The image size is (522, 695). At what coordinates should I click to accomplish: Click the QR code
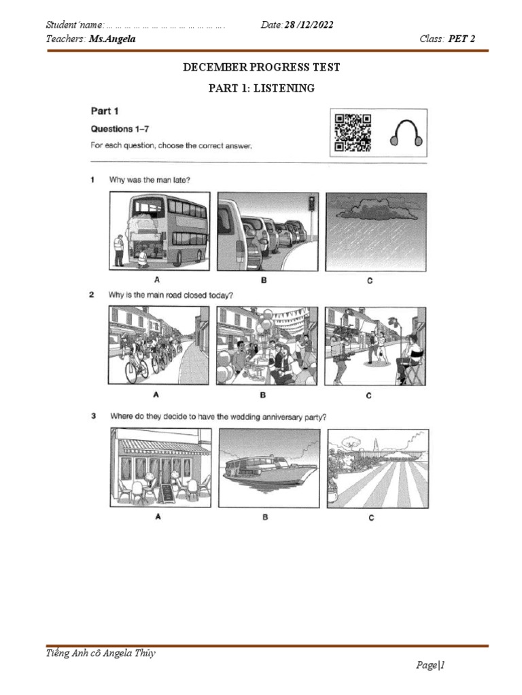(x=353, y=132)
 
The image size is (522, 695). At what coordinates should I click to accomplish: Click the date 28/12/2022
(x=309, y=25)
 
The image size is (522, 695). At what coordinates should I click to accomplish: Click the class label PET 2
(x=462, y=39)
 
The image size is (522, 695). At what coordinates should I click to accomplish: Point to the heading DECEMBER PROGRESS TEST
(x=262, y=67)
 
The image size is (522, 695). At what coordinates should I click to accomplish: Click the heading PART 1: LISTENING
(x=262, y=88)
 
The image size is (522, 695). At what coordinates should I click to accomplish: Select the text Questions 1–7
(x=121, y=129)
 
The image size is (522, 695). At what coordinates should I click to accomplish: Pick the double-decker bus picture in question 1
(x=158, y=231)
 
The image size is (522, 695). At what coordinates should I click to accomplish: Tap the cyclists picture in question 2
(x=158, y=345)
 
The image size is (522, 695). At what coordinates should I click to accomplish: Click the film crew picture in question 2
(x=377, y=345)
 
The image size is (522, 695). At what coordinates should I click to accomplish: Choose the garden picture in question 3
(x=378, y=468)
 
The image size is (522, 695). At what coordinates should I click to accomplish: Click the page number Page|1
(x=430, y=666)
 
